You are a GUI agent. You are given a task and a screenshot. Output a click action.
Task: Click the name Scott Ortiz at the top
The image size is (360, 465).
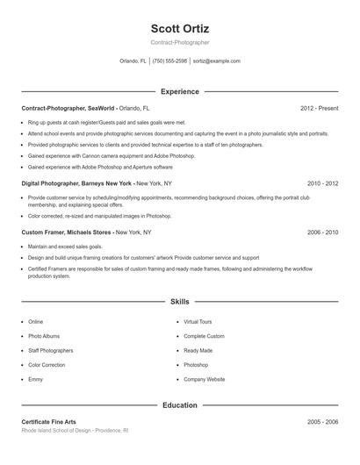coord(180,28)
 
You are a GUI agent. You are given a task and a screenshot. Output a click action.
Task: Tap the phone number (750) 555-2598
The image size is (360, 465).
coord(169,61)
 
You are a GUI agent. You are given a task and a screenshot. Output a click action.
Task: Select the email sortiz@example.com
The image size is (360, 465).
coord(217,61)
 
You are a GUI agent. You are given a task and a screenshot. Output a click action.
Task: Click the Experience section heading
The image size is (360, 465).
coord(180,91)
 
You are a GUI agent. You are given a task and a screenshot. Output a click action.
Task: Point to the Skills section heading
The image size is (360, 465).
coord(180,301)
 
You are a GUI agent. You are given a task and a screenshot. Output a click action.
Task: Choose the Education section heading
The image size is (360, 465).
coord(180,405)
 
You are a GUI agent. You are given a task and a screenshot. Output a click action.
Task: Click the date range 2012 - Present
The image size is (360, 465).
coord(319,108)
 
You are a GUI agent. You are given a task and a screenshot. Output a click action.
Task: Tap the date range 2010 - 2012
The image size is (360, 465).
coord(322,183)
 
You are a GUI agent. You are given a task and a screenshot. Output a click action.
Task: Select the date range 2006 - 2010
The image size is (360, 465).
coord(322,232)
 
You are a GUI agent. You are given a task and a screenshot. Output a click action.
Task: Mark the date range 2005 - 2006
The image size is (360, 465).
coord(322,422)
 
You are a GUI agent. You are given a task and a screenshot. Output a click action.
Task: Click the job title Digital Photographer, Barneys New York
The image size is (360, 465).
coord(77,183)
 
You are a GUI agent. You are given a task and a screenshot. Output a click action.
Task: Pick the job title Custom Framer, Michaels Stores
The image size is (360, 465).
coord(67,232)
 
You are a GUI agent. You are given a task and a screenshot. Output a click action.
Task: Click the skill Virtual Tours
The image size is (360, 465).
coord(198,322)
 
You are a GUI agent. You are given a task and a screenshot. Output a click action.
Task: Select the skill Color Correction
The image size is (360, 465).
coord(47,364)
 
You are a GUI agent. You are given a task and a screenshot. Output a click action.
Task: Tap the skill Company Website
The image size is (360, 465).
coord(205,379)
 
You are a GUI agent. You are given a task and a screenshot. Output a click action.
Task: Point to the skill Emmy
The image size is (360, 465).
coord(35,379)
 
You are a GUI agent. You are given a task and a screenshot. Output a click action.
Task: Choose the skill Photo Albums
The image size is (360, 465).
coord(43,336)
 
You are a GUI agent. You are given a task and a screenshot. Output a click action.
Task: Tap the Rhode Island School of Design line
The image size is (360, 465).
coord(75,431)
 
